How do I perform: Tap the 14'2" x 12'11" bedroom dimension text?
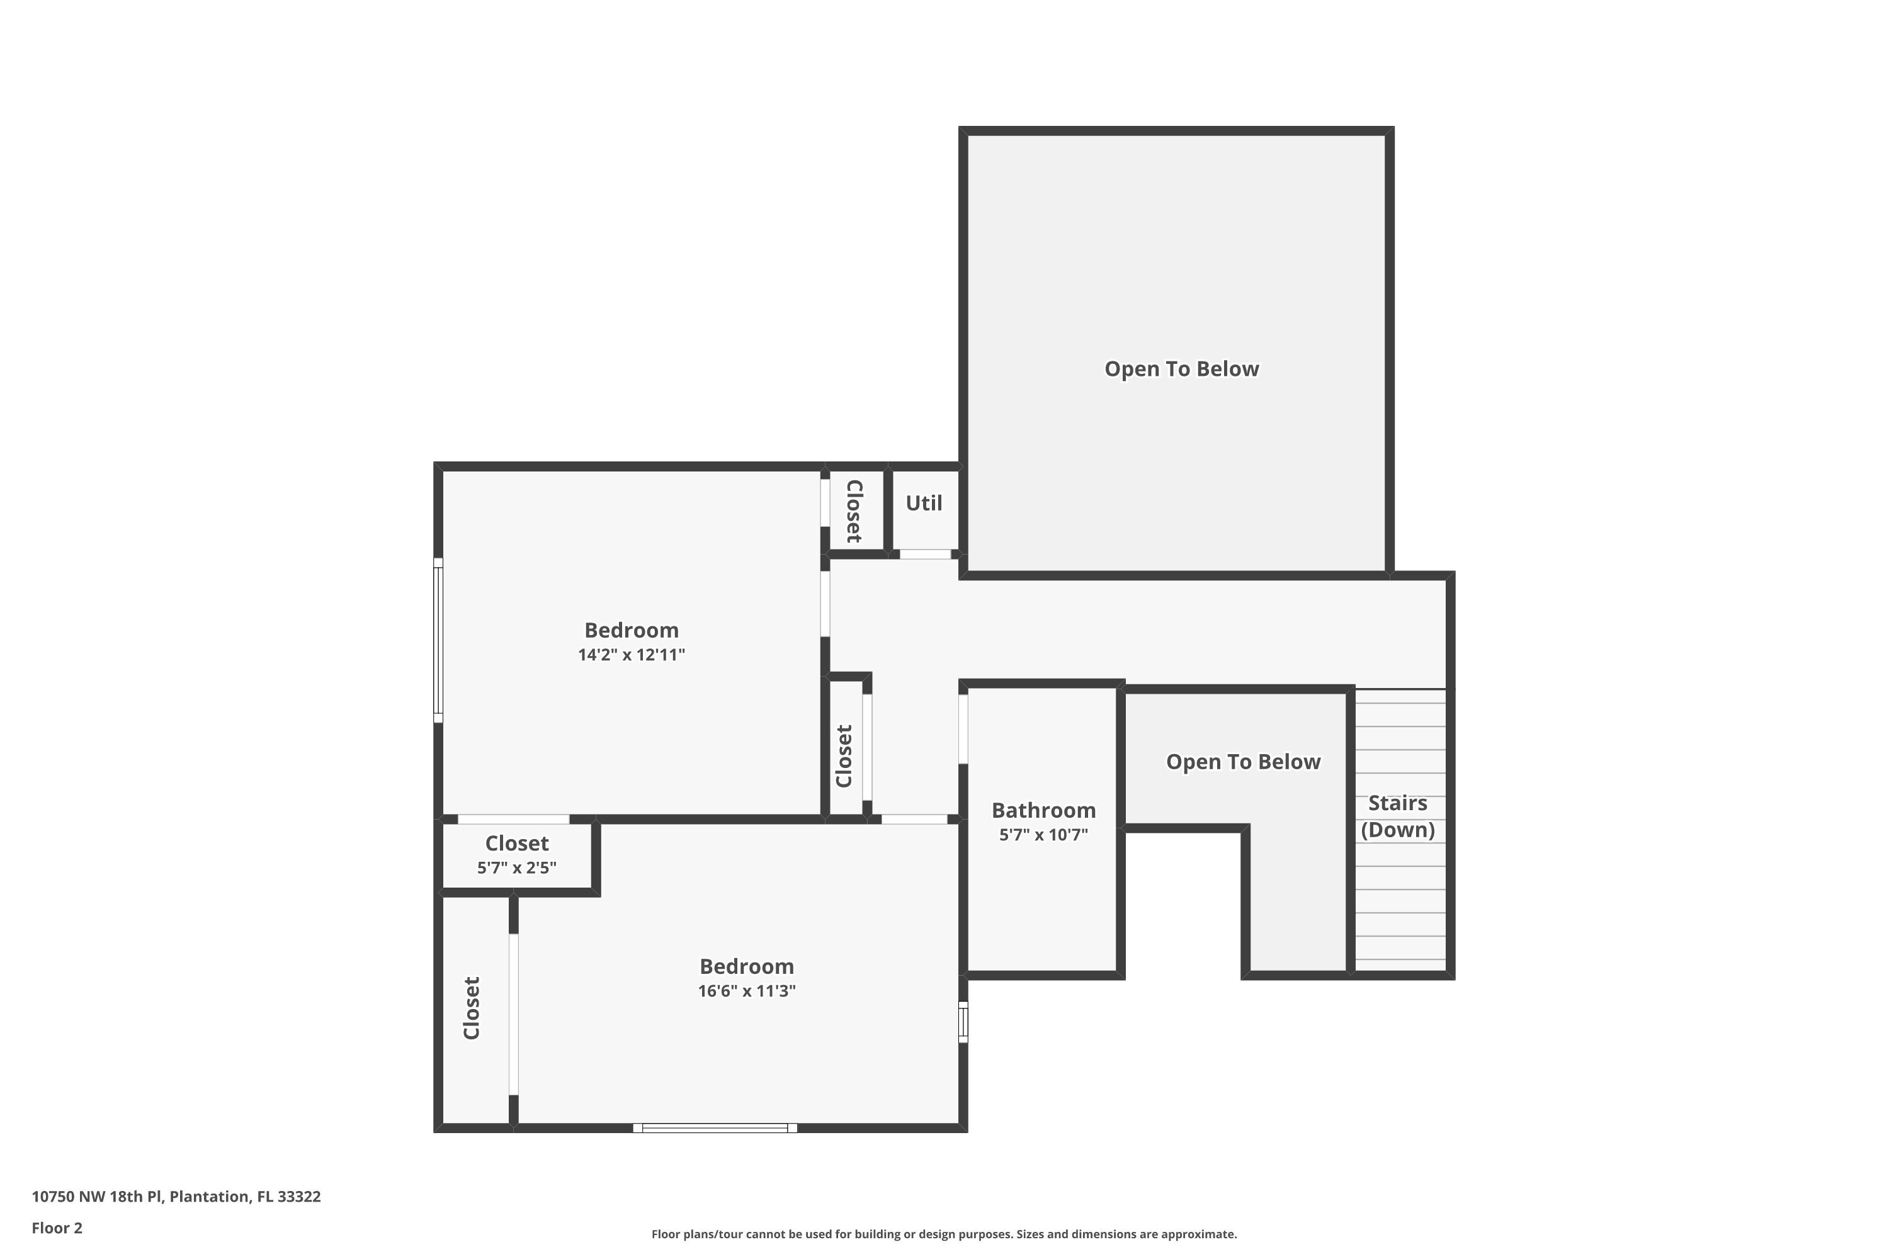point(632,655)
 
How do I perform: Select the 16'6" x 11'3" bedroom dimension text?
point(746,991)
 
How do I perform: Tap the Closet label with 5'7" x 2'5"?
point(516,843)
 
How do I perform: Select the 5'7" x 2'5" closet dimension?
point(516,868)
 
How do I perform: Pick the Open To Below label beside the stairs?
point(1242,762)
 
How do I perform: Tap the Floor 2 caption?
point(57,1228)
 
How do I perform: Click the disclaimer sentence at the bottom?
point(944,1234)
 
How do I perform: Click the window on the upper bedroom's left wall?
point(438,640)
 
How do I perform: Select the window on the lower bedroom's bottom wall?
point(715,1128)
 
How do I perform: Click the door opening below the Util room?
point(924,554)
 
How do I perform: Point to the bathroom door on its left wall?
point(963,728)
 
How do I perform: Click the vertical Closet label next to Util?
point(854,511)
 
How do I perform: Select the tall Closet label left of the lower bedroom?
point(472,1008)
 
